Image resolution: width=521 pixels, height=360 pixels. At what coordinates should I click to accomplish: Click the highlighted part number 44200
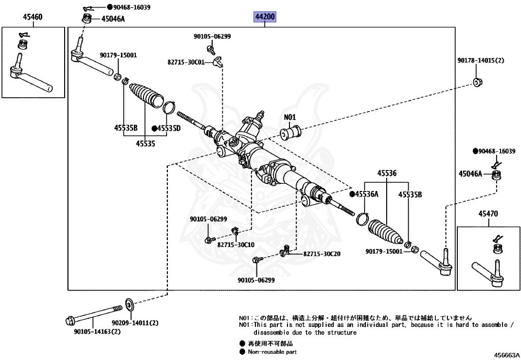pos(265,17)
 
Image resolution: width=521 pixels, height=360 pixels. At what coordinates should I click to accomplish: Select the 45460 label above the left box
pos(33,17)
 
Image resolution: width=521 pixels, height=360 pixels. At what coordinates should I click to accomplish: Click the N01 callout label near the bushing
pos(290,118)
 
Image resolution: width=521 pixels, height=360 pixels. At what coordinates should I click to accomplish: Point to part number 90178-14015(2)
pos(480,61)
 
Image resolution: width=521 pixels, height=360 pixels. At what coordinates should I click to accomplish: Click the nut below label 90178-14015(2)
pos(478,82)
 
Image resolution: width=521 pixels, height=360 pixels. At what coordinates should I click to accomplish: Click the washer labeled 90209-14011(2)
pos(129,305)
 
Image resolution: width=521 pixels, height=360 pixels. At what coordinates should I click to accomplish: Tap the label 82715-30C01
pos(186,62)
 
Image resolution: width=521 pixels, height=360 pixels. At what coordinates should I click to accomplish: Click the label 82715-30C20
pos(322,254)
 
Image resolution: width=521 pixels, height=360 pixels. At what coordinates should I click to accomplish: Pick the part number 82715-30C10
pos(236,245)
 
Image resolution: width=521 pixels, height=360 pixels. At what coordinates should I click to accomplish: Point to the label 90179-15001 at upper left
pos(118,55)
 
